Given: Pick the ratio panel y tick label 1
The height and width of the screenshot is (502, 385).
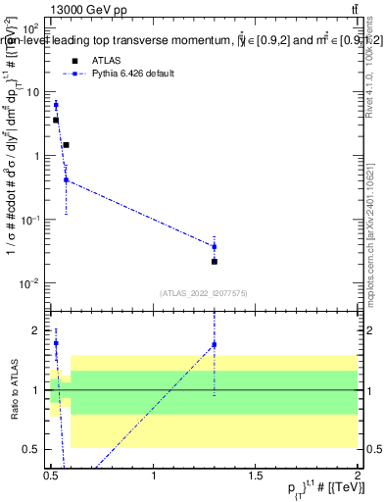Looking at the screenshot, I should tap(38, 390).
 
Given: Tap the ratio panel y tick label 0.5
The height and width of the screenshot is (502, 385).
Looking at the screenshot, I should tap(34, 449).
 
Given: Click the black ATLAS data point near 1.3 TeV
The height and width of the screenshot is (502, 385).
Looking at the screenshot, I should tap(215, 262).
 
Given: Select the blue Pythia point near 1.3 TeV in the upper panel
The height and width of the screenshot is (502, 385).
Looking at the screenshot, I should tap(215, 246).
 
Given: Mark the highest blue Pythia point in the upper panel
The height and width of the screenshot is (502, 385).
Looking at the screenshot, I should tap(56, 105).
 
